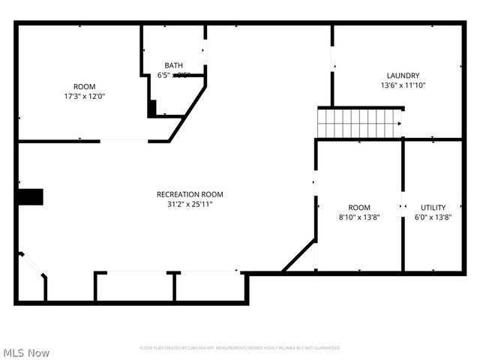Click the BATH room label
(174, 65)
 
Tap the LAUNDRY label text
(403, 75)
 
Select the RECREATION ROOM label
(190, 194)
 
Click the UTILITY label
(433, 208)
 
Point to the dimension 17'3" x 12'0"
(84, 96)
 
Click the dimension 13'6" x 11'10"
(403, 85)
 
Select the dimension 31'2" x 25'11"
(190, 204)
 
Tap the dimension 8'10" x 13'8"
(359, 217)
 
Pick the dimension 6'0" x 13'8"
(433, 217)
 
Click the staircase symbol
(359, 124)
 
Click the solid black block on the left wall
(31, 197)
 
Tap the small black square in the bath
(152, 108)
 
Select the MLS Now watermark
(26, 352)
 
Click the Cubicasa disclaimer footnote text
(240, 348)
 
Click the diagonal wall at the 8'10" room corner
(299, 256)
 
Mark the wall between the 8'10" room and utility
(403, 206)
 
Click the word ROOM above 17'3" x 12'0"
(84, 86)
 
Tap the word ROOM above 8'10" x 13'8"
(359, 208)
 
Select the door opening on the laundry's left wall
(332, 60)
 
